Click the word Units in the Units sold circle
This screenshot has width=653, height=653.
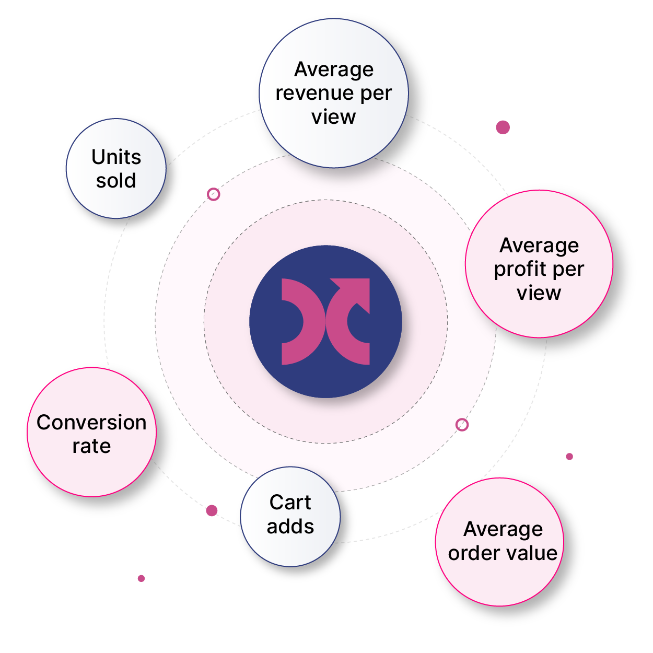click(x=116, y=157)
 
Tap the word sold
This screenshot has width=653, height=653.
click(x=116, y=181)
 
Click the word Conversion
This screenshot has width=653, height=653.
click(x=91, y=422)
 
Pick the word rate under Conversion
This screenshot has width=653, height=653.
click(x=91, y=446)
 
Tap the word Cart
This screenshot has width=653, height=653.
click(x=290, y=503)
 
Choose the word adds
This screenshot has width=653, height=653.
click(x=290, y=527)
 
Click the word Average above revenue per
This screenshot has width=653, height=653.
click(x=334, y=69)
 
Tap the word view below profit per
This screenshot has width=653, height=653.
click(x=539, y=293)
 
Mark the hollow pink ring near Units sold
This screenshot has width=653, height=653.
click(x=213, y=194)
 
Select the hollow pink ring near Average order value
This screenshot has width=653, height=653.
click(x=462, y=425)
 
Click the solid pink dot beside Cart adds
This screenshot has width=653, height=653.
click(x=212, y=510)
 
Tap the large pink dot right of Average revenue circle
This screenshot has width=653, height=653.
click(x=503, y=127)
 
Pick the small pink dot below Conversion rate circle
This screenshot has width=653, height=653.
click(x=141, y=578)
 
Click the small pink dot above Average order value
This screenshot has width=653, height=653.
click(x=569, y=457)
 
